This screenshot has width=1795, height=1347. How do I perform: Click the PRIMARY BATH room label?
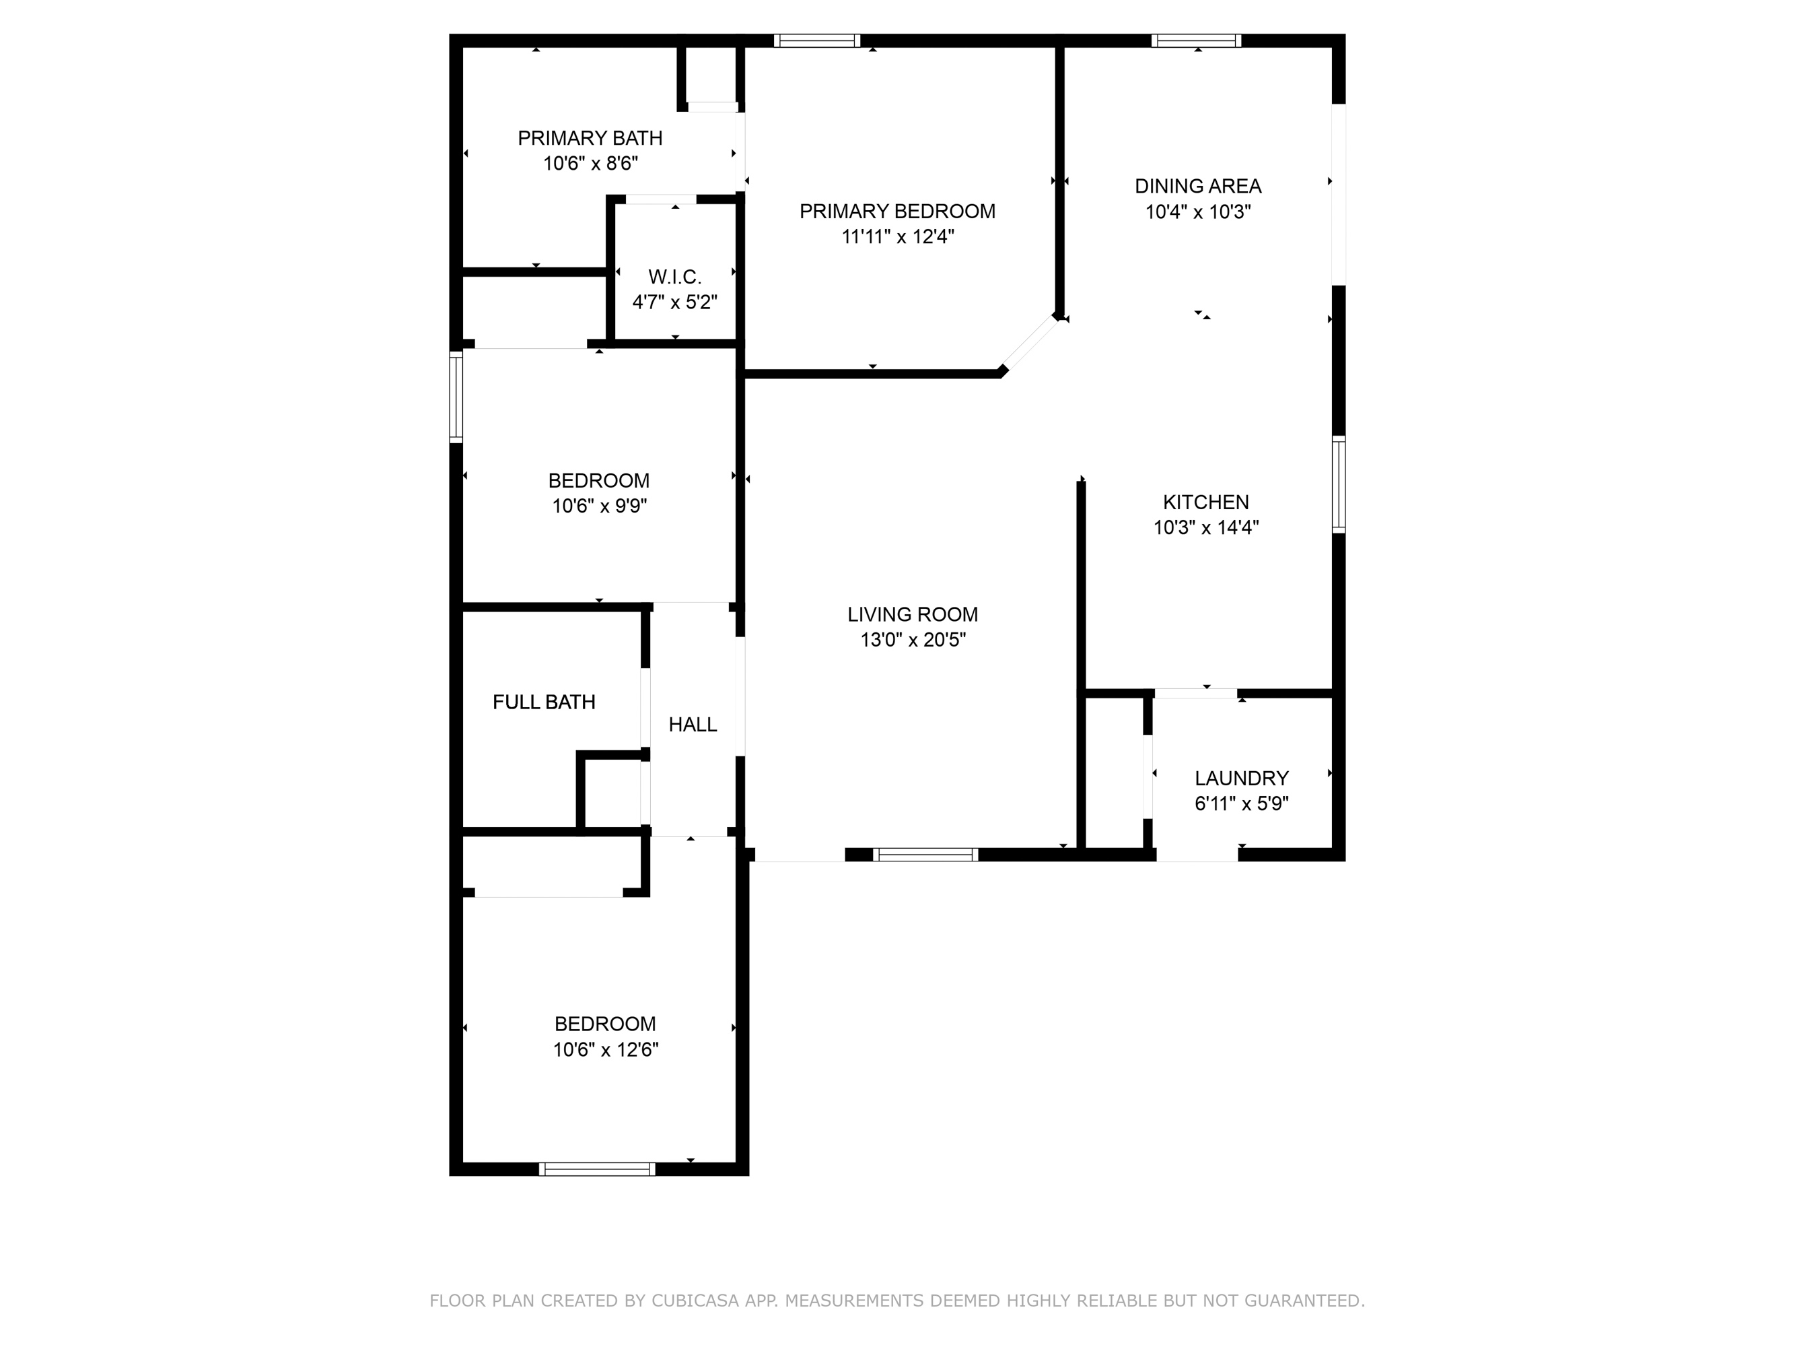click(x=590, y=138)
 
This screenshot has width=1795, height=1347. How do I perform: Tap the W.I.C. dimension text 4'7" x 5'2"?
click(x=674, y=302)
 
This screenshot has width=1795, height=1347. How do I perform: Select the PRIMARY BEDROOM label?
click(x=896, y=211)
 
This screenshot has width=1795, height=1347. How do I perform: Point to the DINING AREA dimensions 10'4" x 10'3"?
click(x=1198, y=212)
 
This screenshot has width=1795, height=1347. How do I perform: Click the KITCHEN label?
click(x=1205, y=502)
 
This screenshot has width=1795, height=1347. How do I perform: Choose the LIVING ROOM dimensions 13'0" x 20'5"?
click(x=913, y=640)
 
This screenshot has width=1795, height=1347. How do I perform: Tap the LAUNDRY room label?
click(x=1241, y=778)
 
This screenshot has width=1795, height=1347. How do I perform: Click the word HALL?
click(x=692, y=724)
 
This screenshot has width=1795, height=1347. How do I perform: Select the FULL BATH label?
click(x=544, y=702)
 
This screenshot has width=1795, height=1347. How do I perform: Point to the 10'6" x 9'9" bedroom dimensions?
click(x=599, y=506)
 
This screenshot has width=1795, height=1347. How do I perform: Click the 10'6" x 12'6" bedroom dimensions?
click(x=605, y=1049)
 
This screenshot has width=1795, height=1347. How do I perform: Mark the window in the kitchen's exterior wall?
click(x=1339, y=485)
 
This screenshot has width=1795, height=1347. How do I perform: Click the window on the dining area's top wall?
click(x=1196, y=40)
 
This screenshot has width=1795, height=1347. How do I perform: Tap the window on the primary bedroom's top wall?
click(x=816, y=40)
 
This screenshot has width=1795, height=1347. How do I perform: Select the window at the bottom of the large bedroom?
click(x=596, y=1169)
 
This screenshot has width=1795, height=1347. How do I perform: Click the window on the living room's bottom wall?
click(x=925, y=854)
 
